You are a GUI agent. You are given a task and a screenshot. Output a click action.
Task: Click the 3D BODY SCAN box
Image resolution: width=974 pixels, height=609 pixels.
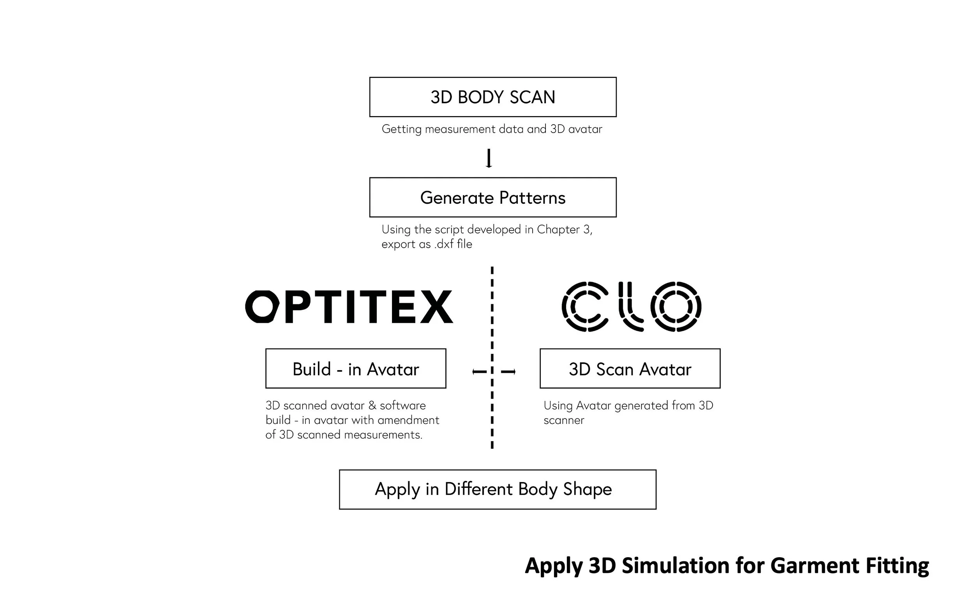click(492, 97)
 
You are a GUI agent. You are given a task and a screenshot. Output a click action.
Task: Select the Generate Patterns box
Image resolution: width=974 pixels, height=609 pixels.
click(492, 198)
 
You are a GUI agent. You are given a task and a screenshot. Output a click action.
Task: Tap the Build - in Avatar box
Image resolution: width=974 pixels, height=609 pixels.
click(356, 369)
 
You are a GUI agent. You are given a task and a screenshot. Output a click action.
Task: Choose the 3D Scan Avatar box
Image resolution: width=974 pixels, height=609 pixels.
click(630, 369)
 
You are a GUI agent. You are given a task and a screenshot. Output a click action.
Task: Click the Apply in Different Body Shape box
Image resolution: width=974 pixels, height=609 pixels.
click(497, 489)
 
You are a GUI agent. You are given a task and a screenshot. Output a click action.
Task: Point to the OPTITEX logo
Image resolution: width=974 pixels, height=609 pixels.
click(349, 307)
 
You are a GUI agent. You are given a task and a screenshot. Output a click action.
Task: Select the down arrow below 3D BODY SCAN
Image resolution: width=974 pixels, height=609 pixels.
click(489, 158)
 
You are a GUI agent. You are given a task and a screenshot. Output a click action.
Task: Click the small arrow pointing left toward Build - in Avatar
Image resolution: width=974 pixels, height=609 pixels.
click(479, 372)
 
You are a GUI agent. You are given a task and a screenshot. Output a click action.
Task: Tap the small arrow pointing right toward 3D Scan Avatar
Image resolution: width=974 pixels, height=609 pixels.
click(508, 372)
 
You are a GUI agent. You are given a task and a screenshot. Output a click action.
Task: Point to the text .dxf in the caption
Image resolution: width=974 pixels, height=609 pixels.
click(444, 244)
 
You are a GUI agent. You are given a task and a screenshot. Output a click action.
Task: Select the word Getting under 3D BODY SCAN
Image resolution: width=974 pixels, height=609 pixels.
click(401, 129)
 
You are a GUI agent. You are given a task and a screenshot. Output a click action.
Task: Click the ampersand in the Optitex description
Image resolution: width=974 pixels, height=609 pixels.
click(372, 405)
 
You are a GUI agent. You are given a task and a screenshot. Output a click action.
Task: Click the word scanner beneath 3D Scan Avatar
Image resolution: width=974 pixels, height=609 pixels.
click(563, 420)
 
